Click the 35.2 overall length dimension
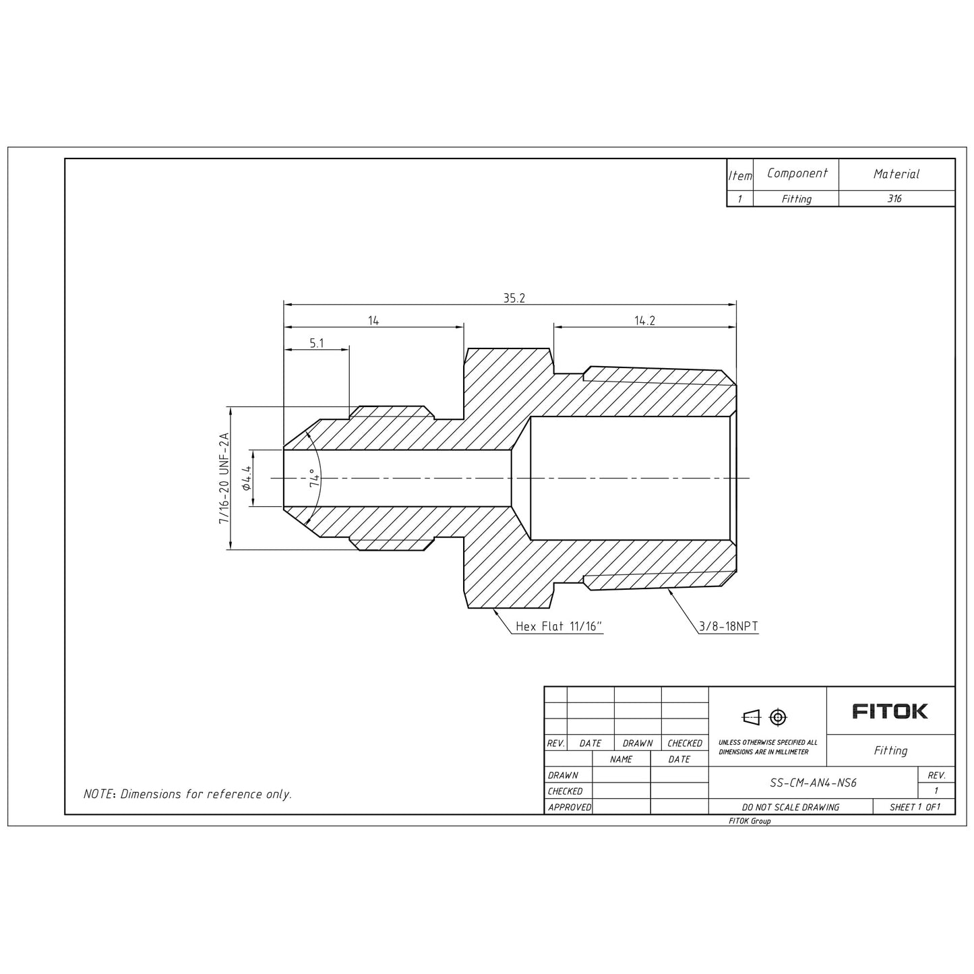[514, 298]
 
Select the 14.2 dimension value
[644, 320]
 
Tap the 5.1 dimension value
[316, 343]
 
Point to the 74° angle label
[315, 478]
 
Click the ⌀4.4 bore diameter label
[247, 478]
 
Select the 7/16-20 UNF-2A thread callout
[224, 478]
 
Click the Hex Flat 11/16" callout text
[559, 627]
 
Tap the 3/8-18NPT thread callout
[729, 627]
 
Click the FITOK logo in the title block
[890, 712]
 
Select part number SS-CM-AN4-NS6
[813, 783]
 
